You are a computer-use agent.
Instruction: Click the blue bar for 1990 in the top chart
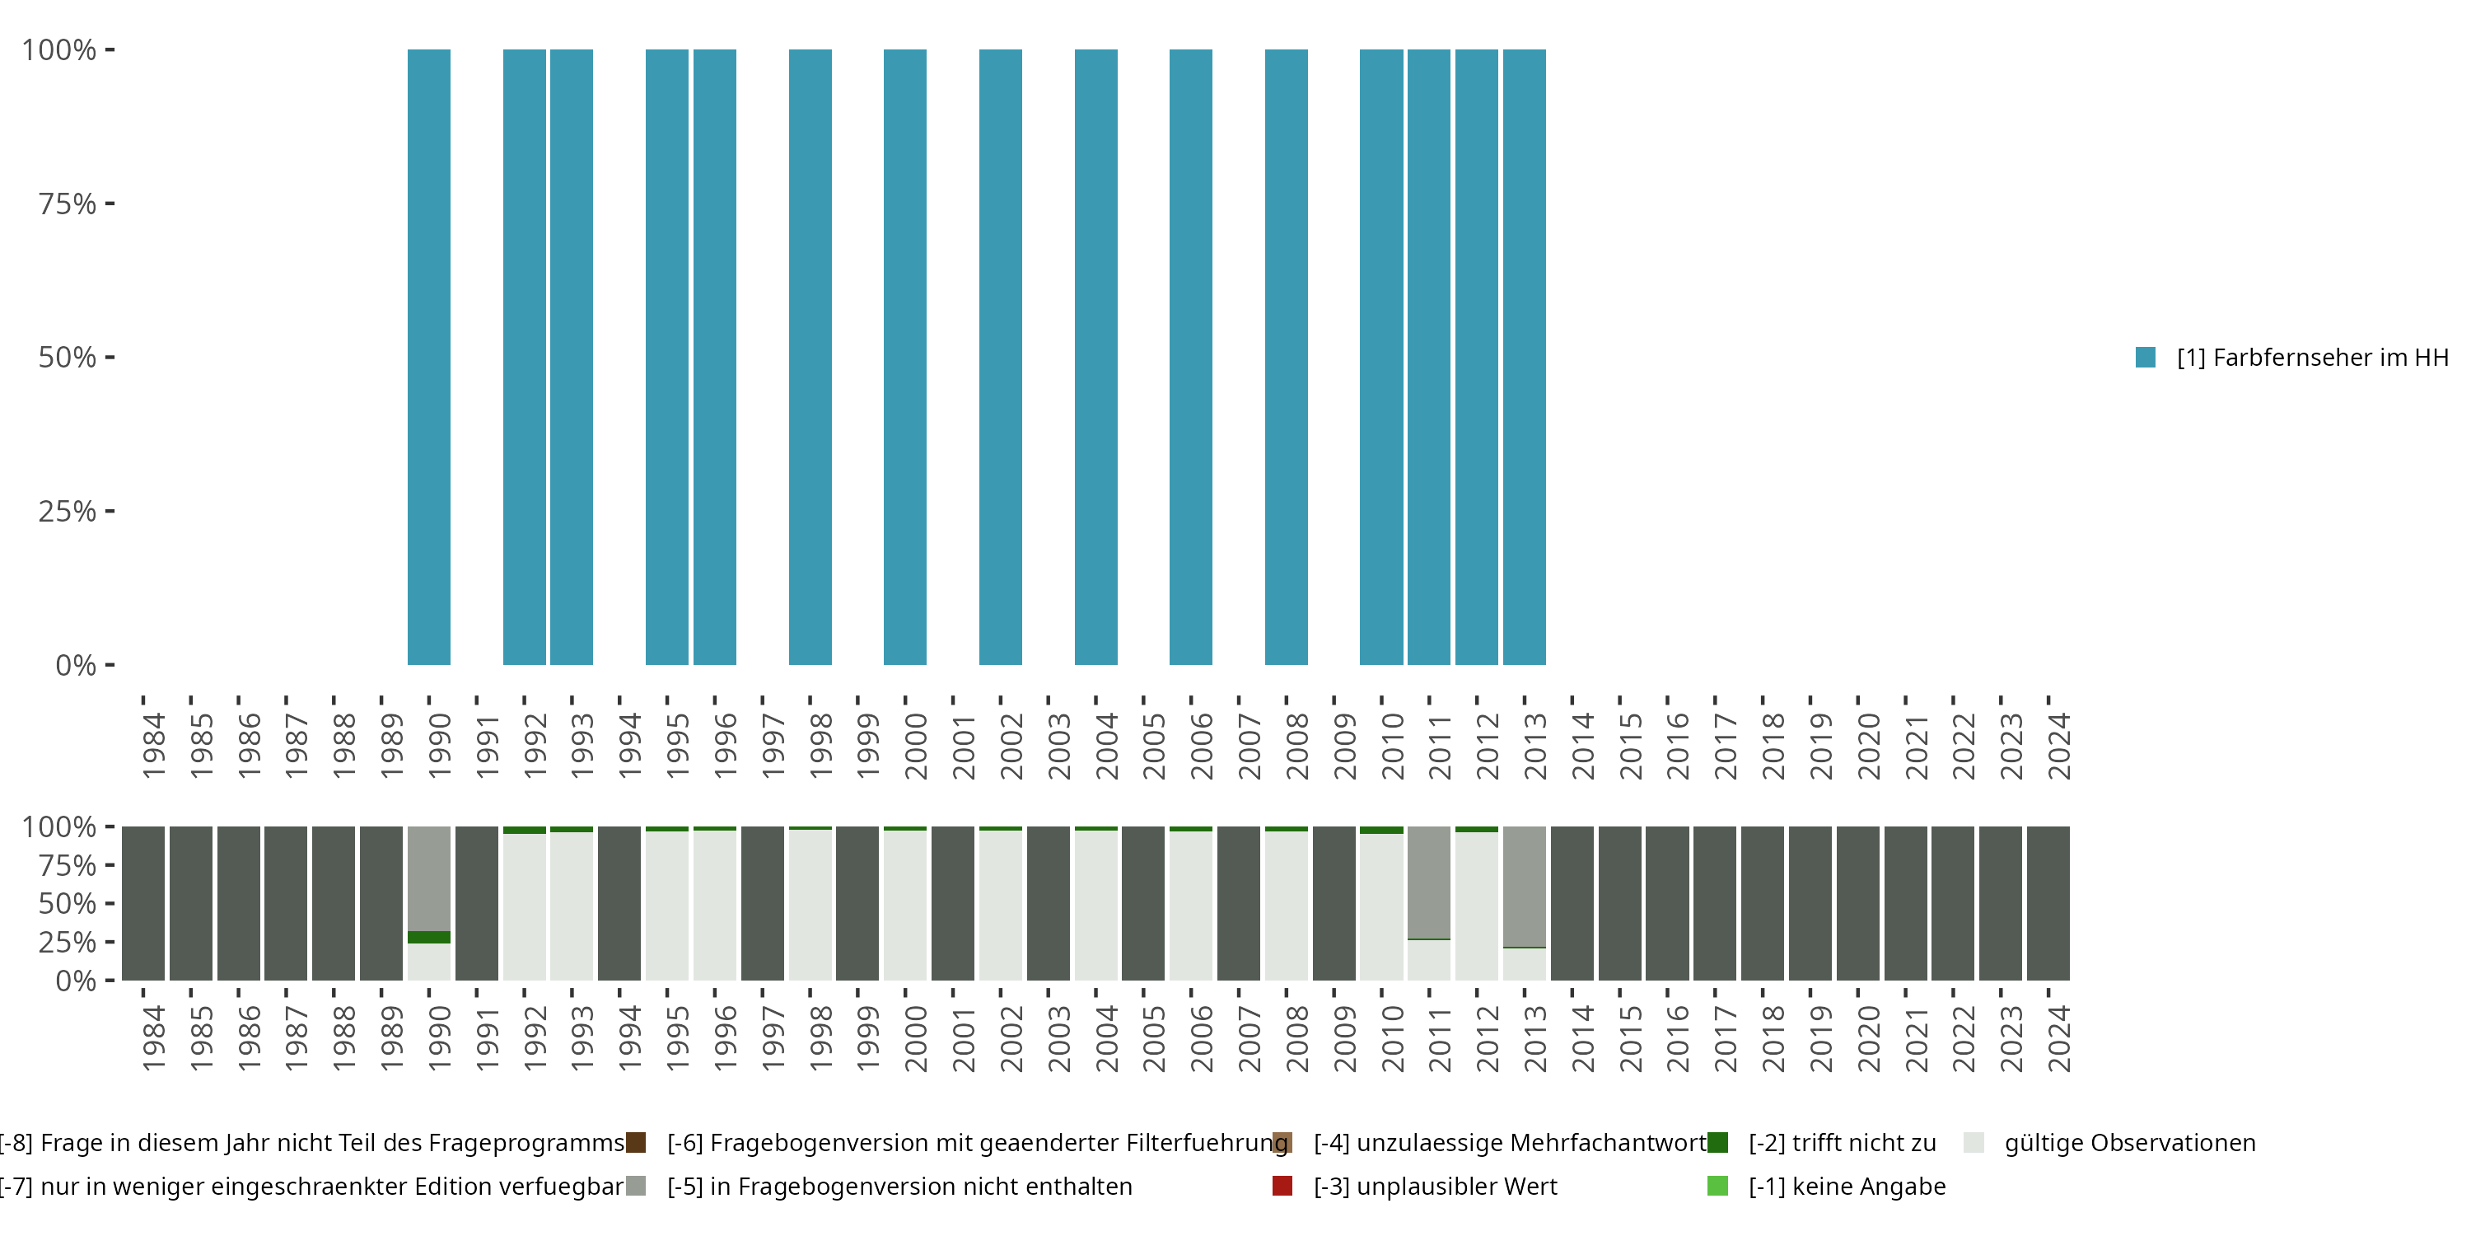click(429, 357)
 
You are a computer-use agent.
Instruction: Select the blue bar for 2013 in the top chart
click(1525, 357)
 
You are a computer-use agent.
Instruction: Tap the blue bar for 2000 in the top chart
click(904, 357)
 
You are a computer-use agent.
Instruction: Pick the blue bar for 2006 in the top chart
click(1190, 357)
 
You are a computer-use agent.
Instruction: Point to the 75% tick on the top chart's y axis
click(68, 204)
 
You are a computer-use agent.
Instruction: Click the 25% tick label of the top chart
click(68, 512)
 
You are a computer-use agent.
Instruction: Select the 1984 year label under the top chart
click(153, 746)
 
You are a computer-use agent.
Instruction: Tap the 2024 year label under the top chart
click(2058, 746)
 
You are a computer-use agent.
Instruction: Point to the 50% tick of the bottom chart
click(68, 904)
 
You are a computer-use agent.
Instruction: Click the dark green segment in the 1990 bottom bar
click(429, 937)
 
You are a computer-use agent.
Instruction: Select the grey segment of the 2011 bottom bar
click(1428, 882)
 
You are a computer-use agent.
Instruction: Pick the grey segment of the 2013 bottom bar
click(1525, 886)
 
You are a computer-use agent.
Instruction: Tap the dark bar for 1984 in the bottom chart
click(143, 903)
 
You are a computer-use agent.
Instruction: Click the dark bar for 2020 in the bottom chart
click(1858, 903)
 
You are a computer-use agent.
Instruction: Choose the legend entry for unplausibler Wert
click(1435, 1186)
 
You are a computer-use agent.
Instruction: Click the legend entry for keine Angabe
click(1846, 1186)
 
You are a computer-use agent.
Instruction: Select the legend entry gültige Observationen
click(2128, 1143)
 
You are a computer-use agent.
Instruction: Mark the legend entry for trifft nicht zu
click(1841, 1143)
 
